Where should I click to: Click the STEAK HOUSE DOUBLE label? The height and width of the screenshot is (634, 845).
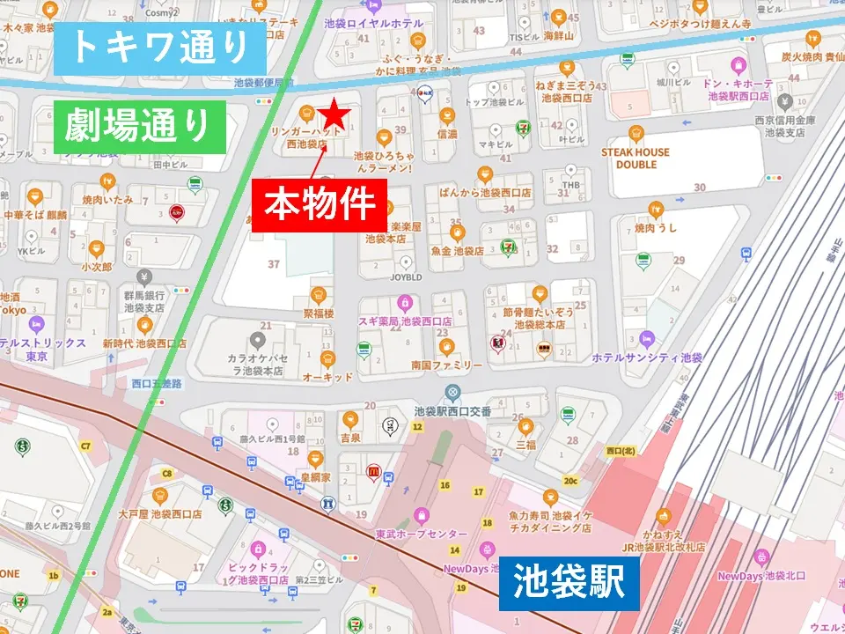pos(636,158)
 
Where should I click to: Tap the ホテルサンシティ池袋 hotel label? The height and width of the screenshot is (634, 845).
pos(647,358)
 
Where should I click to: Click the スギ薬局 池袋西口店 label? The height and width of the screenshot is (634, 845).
pos(404,322)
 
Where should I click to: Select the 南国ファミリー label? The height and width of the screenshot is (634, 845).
pos(445,365)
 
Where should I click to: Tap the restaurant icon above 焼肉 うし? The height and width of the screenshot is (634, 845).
pos(655,209)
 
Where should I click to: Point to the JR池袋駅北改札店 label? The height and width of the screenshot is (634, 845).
pos(661,547)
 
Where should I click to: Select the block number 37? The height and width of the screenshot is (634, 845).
pos(274,263)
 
